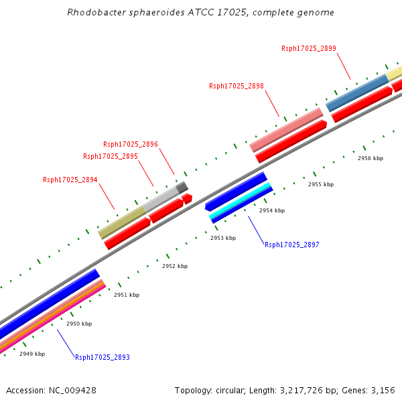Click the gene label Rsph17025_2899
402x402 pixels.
(x=309, y=48)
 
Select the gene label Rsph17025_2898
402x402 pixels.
(x=237, y=86)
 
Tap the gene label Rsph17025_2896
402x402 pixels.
(x=131, y=144)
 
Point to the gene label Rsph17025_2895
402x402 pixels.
(x=111, y=156)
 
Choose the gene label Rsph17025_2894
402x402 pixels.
(x=70, y=180)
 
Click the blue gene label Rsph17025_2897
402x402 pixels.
(x=292, y=245)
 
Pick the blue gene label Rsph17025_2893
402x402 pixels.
(x=103, y=357)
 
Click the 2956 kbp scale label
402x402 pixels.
(x=371, y=158)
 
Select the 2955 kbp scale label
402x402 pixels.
(x=320, y=184)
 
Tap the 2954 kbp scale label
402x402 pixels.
(x=272, y=210)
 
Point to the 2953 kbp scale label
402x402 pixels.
(x=223, y=238)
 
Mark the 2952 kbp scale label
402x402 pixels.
(x=175, y=266)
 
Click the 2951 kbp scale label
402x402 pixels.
(x=127, y=295)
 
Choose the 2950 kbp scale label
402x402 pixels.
(x=79, y=324)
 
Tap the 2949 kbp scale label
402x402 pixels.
(x=32, y=354)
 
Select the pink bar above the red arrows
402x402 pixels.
(x=286, y=129)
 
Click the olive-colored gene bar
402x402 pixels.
(x=122, y=222)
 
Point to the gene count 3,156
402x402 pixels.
(x=383, y=390)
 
